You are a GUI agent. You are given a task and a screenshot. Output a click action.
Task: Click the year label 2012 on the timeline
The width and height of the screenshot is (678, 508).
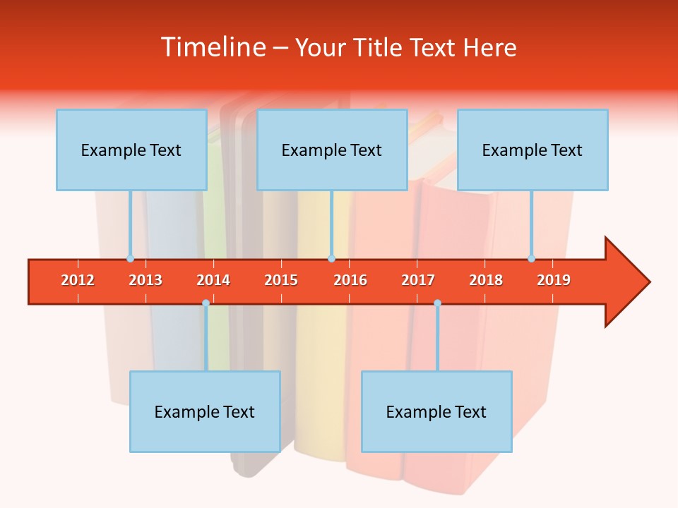[x=78, y=280]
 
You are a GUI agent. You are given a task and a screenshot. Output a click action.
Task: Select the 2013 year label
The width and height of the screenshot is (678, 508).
[x=145, y=280]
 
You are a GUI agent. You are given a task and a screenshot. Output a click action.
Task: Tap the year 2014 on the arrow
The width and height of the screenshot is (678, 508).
[x=213, y=280]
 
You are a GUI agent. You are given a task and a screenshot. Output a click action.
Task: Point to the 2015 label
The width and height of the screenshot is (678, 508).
[x=281, y=280]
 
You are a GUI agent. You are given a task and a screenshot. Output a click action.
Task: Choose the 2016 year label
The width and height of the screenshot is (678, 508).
[x=350, y=280]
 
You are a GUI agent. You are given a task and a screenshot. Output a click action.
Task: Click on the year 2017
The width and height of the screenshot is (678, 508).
[x=418, y=280]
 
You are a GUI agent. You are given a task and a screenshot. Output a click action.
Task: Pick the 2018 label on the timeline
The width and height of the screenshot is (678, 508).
[x=486, y=280]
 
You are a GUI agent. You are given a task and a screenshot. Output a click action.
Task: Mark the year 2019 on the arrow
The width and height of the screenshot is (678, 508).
[x=554, y=280]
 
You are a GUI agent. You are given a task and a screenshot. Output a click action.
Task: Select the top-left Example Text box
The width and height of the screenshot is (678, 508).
[x=131, y=150]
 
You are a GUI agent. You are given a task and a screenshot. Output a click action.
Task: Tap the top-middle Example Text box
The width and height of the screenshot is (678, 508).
[x=332, y=150]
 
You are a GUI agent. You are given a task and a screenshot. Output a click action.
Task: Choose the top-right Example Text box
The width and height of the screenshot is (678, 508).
[x=533, y=150]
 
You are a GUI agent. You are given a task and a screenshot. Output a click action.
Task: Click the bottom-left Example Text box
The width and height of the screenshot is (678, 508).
[x=205, y=411]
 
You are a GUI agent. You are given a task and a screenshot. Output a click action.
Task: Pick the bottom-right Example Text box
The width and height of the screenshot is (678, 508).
[x=436, y=411]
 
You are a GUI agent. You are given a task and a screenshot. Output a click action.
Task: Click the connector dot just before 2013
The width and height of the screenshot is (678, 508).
[x=130, y=259]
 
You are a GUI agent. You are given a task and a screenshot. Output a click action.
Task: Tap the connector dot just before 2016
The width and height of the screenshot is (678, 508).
[x=331, y=259]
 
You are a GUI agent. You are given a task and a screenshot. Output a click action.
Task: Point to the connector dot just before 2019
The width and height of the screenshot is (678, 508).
[x=531, y=259]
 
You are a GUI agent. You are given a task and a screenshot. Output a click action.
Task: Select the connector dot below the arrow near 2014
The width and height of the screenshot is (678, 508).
[x=206, y=303]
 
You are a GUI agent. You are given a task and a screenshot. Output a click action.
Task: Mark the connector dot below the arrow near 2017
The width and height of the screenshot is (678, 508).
[x=437, y=303]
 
